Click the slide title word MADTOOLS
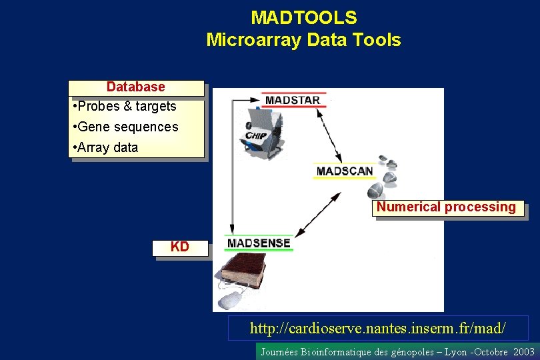click(303, 17)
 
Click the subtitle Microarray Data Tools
click(303, 40)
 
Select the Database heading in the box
click(136, 87)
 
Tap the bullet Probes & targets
click(127, 106)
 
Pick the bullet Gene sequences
click(127, 127)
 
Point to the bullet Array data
click(107, 147)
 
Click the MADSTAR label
click(293, 101)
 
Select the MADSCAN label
click(345, 171)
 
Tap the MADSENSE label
click(259, 243)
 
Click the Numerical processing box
click(446, 207)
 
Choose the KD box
click(180, 247)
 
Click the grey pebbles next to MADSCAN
click(389, 171)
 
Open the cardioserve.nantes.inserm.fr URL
click(377, 328)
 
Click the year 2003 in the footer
click(524, 351)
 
